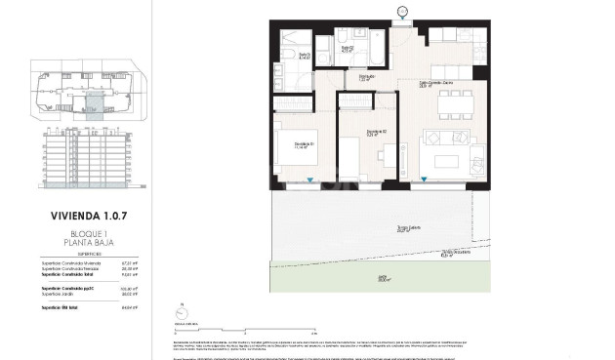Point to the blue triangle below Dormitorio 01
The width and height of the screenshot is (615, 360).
(309, 180)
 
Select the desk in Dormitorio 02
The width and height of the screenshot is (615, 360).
(389, 156)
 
